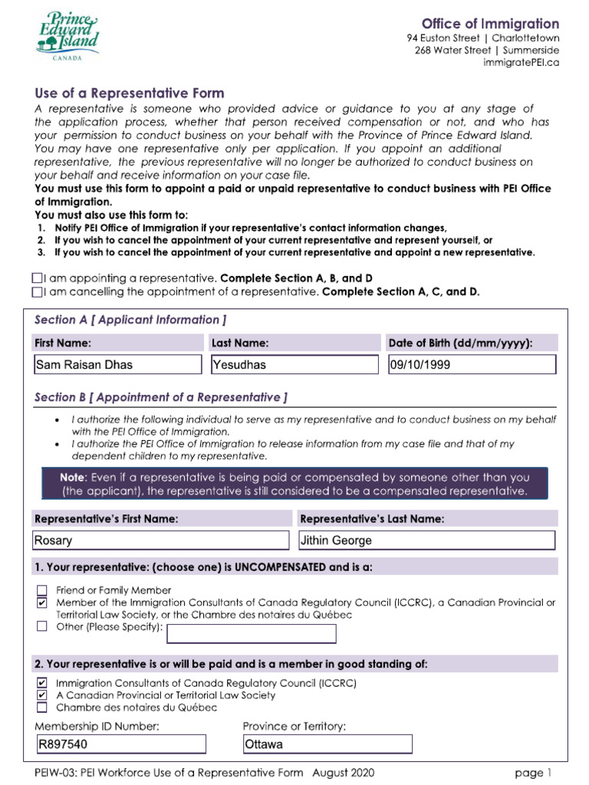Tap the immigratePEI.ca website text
[x=521, y=62]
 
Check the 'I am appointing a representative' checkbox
[x=38, y=278]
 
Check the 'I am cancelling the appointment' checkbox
[x=38, y=292]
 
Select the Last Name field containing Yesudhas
[x=294, y=364]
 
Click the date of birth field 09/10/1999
[x=472, y=364]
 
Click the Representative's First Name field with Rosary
[x=160, y=540]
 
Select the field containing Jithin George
[x=426, y=540]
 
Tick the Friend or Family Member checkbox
[x=42, y=590]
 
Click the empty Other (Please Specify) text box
[x=252, y=633]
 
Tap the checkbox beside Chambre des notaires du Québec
[x=42, y=708]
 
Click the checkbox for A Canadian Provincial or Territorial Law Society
[x=42, y=695]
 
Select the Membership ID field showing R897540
[x=120, y=744]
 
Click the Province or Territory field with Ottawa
[x=327, y=744]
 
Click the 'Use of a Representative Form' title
[x=130, y=94]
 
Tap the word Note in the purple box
[x=75, y=477]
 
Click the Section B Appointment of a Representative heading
[x=161, y=397]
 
